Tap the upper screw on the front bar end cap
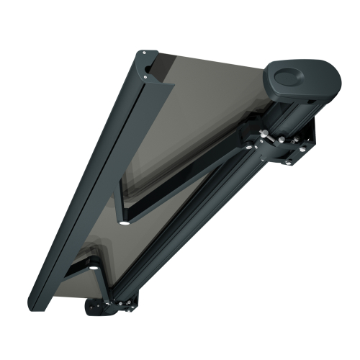[x=144, y=53]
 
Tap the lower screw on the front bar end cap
[x=146, y=74]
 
